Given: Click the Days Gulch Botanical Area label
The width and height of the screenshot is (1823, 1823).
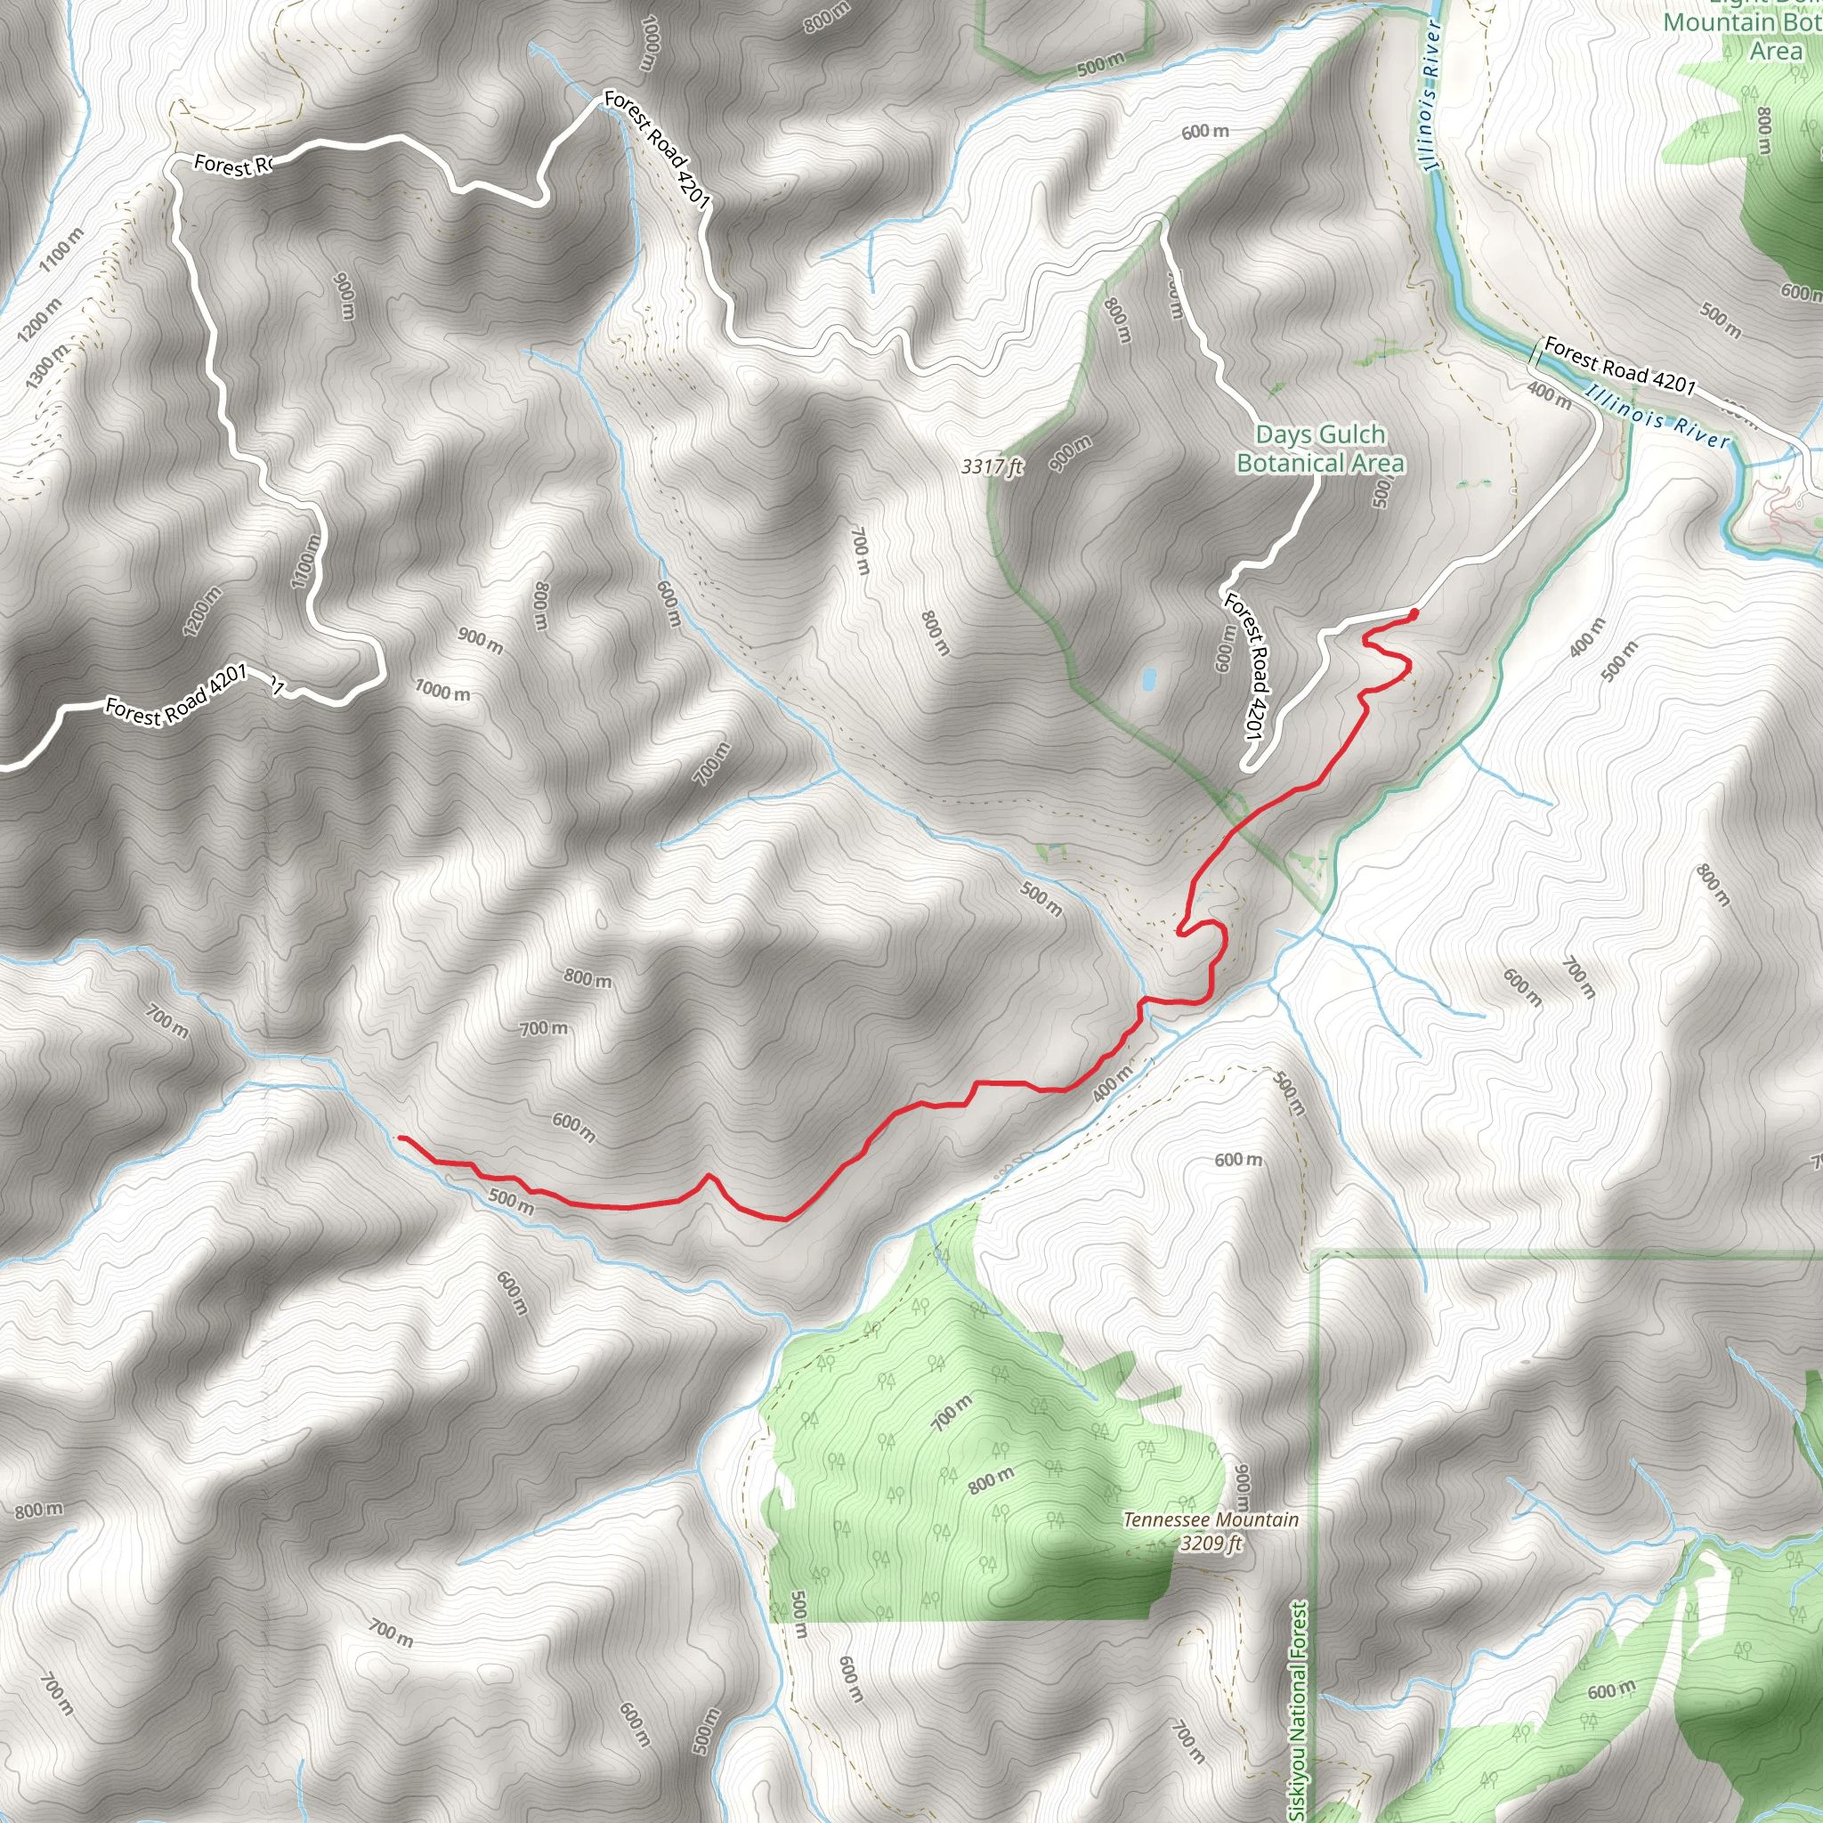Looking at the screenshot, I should click(1319, 449).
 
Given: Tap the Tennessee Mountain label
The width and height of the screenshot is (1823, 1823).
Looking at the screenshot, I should click(1211, 1519).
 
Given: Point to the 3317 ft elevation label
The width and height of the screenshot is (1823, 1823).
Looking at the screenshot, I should click(992, 466).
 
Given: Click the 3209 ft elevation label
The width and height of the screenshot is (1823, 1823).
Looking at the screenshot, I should click(1211, 1543).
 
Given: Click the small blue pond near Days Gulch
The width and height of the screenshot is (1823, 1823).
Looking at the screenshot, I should click(1148, 678).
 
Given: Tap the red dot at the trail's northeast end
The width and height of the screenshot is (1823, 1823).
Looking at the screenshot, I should click(1413, 614).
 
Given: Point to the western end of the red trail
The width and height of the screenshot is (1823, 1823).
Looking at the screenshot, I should click(401, 1138).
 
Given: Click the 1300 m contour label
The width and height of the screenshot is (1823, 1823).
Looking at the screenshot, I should click(47, 366).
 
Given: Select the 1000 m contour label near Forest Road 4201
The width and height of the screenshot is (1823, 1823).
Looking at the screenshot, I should click(442, 691).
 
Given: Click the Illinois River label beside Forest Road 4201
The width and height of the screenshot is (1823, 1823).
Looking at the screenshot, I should click(1657, 416).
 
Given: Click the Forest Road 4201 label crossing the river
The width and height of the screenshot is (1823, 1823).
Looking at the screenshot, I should click(1619, 366).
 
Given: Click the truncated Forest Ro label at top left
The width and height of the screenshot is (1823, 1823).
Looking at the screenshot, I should click(232, 166).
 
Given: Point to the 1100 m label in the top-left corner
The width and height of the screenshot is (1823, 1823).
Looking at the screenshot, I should click(62, 249).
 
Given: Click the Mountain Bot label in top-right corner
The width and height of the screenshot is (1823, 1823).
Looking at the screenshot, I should click(1741, 22).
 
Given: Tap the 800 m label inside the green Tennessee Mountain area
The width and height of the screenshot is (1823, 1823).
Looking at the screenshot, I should click(991, 1479).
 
